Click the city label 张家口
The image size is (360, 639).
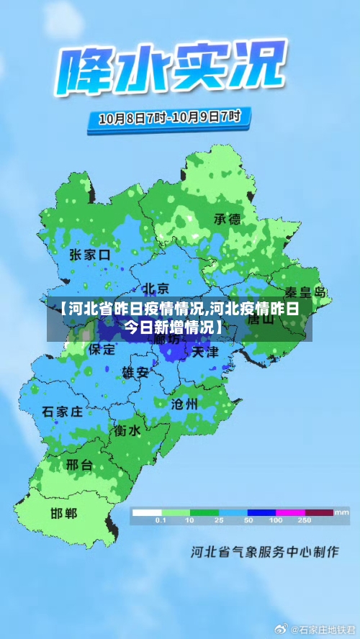90,254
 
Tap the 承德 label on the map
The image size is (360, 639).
228,219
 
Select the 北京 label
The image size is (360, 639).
155,288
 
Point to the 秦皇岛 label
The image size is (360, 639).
306,293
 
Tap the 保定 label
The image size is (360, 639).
102,350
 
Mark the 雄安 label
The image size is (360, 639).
135,372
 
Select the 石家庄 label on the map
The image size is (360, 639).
63,412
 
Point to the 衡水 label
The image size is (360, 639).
127,430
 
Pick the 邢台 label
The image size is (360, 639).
79,465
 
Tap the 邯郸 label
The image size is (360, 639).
64,514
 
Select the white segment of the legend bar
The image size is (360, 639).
146,512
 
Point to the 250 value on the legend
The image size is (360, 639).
305,520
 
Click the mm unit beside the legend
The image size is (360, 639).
341,512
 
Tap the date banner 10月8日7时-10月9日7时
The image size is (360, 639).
169,117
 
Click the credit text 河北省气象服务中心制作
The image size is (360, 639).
264,553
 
